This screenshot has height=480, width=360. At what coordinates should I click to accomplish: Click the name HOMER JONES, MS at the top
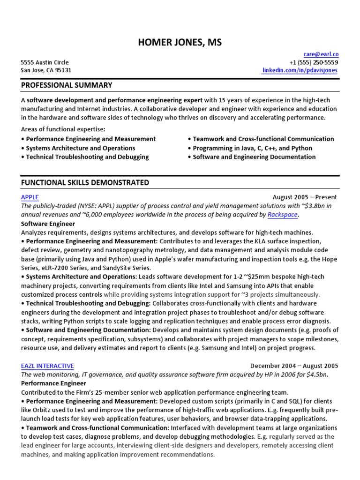(x=180, y=43)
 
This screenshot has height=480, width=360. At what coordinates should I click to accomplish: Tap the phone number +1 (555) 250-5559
(x=314, y=62)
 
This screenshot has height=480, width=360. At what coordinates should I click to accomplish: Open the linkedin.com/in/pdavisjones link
(x=300, y=70)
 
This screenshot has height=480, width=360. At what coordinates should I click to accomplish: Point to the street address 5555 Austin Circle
(x=45, y=62)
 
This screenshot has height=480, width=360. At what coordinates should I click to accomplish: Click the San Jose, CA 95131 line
(x=46, y=70)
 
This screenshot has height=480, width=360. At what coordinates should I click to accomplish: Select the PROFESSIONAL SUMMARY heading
(x=67, y=85)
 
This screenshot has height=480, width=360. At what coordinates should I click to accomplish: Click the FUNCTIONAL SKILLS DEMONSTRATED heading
(x=85, y=182)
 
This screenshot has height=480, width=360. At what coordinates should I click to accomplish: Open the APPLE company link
(x=30, y=197)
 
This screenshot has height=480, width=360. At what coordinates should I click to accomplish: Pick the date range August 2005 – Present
(x=304, y=197)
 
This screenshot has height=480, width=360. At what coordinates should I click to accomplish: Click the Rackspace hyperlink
(x=283, y=215)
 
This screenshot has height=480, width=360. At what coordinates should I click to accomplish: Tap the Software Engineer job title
(x=48, y=224)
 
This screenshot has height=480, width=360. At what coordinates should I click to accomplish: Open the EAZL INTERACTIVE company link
(x=47, y=366)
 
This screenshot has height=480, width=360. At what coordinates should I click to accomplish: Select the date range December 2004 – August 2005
(x=294, y=366)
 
